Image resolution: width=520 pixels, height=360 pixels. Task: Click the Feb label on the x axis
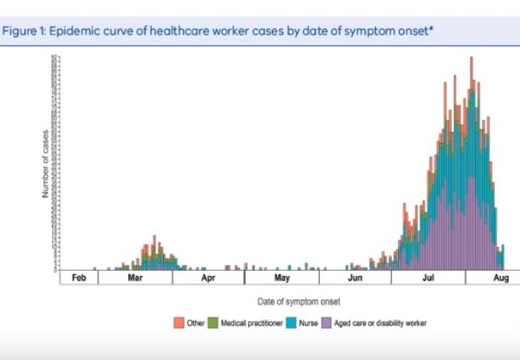click(79, 279)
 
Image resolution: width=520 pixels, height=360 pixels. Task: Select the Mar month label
click(134, 279)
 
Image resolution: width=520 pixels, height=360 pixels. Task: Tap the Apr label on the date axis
click(208, 279)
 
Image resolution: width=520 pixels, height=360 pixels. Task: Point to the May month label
click(282, 279)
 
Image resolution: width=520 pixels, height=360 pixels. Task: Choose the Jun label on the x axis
click(355, 279)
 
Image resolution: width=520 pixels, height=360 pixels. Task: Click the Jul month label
click(429, 279)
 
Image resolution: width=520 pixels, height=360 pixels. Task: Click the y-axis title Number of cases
click(45, 164)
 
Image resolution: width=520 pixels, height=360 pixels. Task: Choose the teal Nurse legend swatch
click(292, 323)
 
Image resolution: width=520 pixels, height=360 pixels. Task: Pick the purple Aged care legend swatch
click(326, 323)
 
